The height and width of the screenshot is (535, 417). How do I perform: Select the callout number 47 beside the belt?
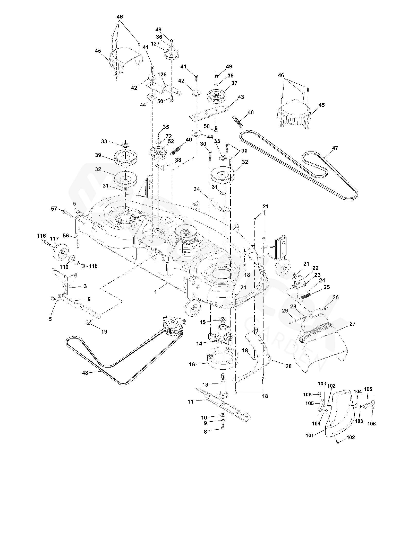(335, 148)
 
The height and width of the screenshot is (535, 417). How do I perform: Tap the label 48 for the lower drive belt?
(85, 372)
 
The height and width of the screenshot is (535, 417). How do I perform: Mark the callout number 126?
(162, 75)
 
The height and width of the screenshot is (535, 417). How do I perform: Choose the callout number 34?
(197, 190)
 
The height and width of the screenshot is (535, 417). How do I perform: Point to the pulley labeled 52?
(158, 154)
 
